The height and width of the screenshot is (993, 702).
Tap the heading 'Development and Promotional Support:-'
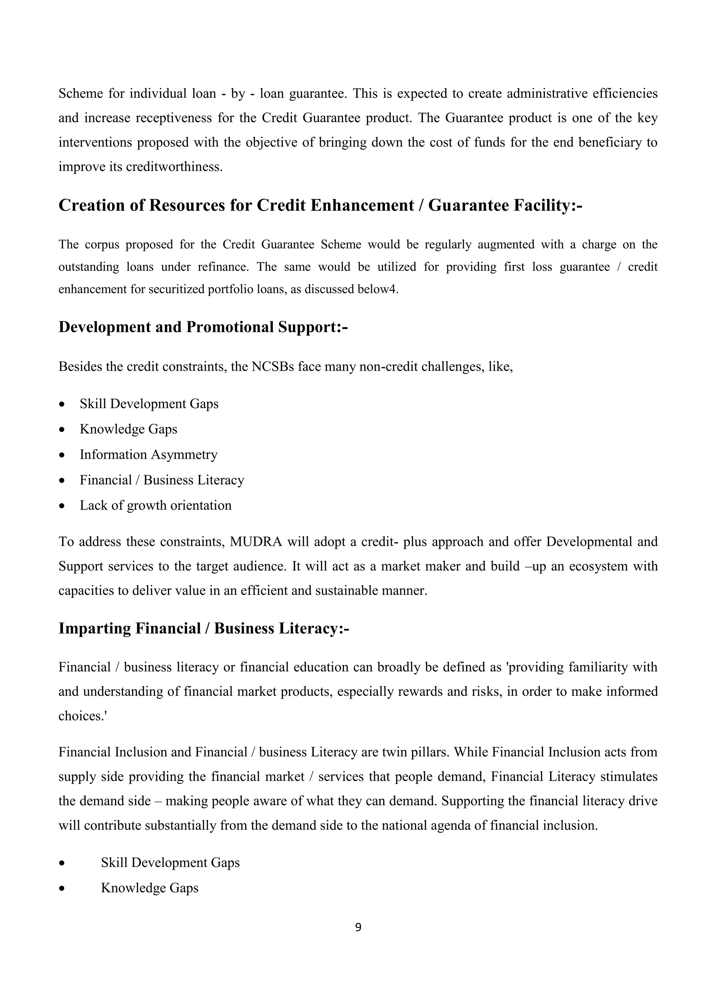tap(203, 327)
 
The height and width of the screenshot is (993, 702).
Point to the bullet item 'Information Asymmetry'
tap(148, 455)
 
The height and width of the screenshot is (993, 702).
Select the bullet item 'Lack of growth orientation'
tap(155, 505)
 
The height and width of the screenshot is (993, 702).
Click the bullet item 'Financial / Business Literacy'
tap(162, 480)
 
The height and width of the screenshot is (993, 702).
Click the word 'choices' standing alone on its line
tap(81, 716)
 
